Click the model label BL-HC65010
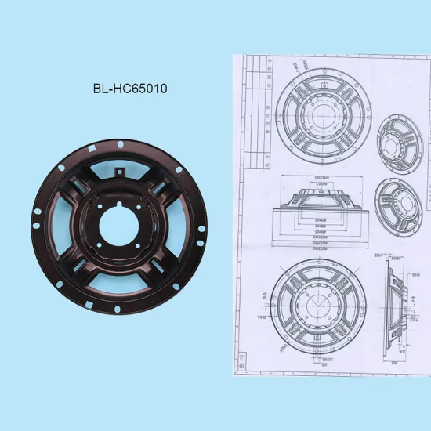pyautogui.click(x=129, y=88)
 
